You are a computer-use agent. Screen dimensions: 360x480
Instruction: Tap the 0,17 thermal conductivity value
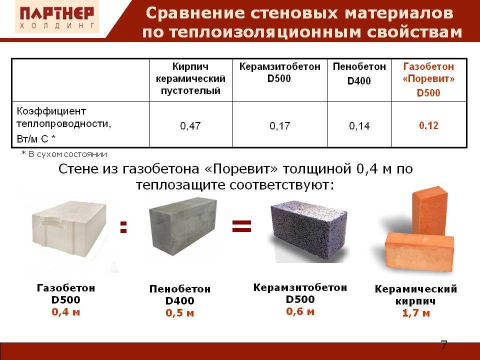click(279, 126)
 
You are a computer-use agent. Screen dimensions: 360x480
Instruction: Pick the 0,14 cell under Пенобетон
click(359, 126)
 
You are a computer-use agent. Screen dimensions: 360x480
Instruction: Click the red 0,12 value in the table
click(428, 125)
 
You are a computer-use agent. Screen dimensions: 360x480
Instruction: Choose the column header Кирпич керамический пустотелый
click(190, 78)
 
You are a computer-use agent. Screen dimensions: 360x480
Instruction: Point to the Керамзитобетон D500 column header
click(279, 72)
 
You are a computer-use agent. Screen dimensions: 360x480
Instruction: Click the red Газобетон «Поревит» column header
click(428, 79)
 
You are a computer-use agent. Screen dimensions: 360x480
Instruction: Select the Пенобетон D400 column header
click(359, 73)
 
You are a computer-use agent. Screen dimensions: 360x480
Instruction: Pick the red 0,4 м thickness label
click(65, 312)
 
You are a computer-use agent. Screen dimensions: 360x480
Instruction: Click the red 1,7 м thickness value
click(415, 313)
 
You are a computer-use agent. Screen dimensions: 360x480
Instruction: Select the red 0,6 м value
click(300, 311)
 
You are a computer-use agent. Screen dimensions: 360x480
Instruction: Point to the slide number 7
click(443, 345)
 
